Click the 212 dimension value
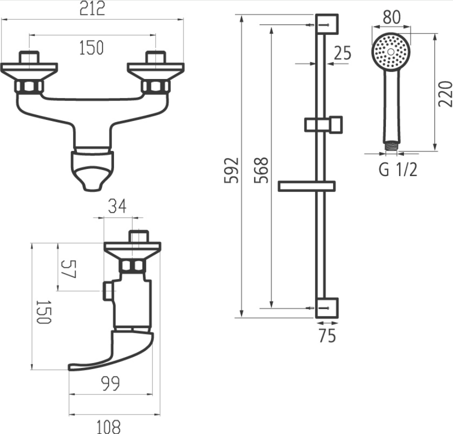pyautogui.click(x=93, y=9)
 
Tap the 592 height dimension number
pyautogui.click(x=231, y=170)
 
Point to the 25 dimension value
pyautogui.click(x=342, y=52)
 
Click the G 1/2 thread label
pyautogui.click(x=398, y=170)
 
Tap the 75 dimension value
pyautogui.click(x=327, y=336)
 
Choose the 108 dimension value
pyautogui.click(x=108, y=426)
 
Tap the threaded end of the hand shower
pyautogui.click(x=391, y=146)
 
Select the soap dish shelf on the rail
pyautogui.click(x=306, y=186)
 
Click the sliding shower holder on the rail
pyautogui.click(x=323, y=124)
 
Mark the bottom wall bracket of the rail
pyautogui.click(x=327, y=307)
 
